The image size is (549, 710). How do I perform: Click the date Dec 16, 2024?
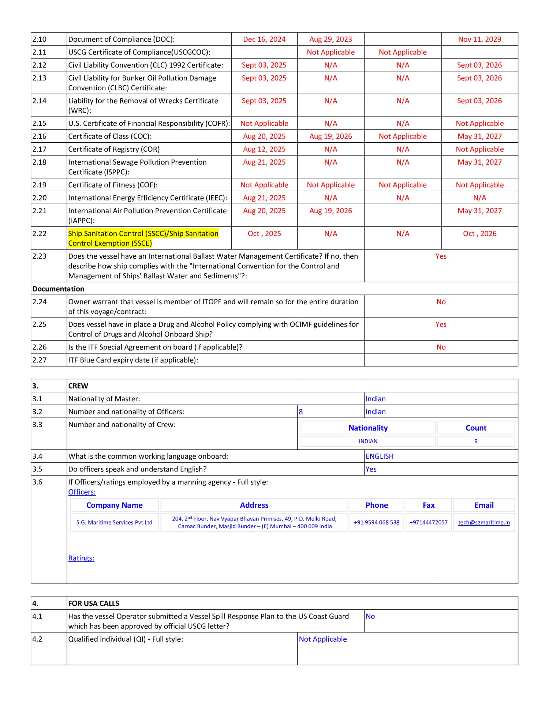[x=264, y=39]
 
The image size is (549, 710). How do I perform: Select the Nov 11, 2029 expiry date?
[x=479, y=39]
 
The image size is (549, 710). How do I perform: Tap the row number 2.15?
[x=40, y=123]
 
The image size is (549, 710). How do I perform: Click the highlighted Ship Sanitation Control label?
[x=143, y=238]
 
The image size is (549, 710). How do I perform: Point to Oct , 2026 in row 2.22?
[x=479, y=233]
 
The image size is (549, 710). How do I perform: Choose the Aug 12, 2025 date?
[x=264, y=149]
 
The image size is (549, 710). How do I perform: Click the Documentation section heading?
[x=58, y=289]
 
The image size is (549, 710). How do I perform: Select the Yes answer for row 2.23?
[x=441, y=256]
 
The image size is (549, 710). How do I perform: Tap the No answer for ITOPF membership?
[x=441, y=302]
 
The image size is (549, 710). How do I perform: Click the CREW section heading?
[x=78, y=386]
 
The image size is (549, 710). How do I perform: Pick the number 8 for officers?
[x=301, y=412]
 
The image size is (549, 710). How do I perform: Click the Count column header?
[x=476, y=428]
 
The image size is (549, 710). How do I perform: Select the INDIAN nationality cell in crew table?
[x=368, y=441]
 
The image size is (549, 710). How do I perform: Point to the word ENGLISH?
[x=380, y=456]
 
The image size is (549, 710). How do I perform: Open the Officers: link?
[x=82, y=492]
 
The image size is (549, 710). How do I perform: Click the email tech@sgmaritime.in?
[x=484, y=522]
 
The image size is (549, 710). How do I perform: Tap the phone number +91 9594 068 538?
[x=376, y=522]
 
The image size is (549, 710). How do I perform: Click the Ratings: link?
[x=81, y=558]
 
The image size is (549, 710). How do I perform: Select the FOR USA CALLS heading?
[x=94, y=603]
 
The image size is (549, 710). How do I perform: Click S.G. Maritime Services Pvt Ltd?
[x=114, y=522]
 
